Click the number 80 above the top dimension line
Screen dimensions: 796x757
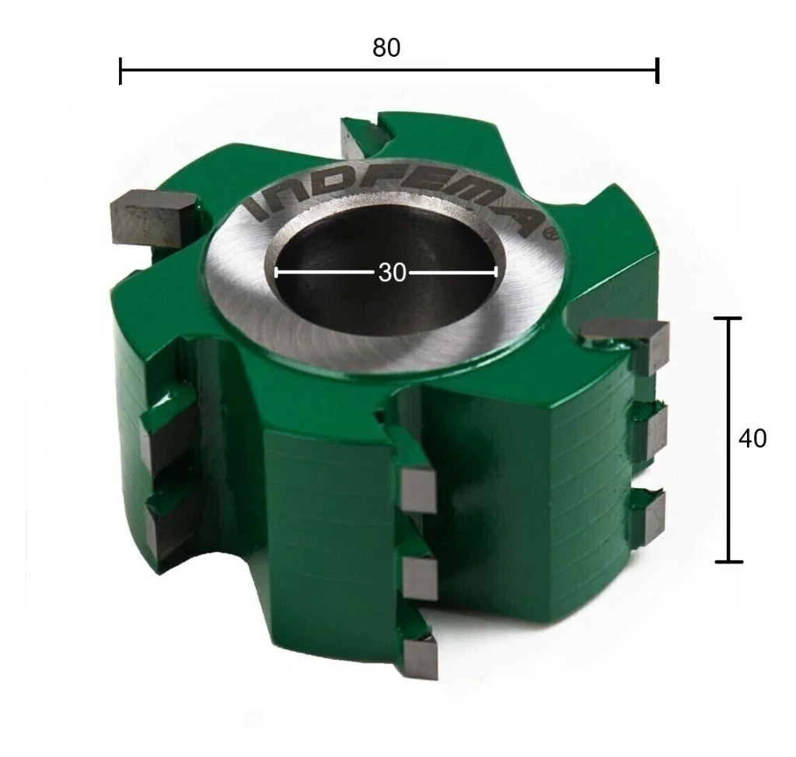click(x=386, y=47)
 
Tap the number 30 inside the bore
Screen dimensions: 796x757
click(x=392, y=273)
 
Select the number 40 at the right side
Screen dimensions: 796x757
click(x=752, y=438)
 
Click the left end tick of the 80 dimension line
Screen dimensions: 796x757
click(x=120, y=71)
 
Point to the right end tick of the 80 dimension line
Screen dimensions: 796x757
click(x=657, y=70)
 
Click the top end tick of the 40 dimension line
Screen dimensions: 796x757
click(x=728, y=319)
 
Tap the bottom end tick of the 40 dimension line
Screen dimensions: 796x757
click(x=729, y=561)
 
